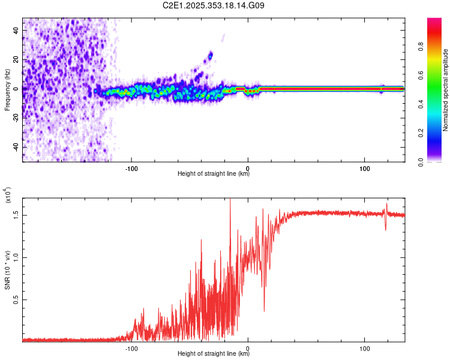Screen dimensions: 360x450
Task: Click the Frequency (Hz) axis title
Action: pyautogui.click(x=7, y=89)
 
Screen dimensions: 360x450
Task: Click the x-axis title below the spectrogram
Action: pyautogui.click(x=213, y=174)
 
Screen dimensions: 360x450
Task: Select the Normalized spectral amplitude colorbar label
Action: pyautogui.click(x=445, y=90)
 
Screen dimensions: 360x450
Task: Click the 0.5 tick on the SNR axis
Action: pyautogui.click(x=17, y=299)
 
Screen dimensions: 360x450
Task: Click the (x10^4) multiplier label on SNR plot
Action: pyautogui.click(x=7, y=196)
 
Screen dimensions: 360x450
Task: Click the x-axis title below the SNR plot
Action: pyautogui.click(x=213, y=353)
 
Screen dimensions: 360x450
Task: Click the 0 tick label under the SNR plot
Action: pyautogui.click(x=248, y=347)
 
